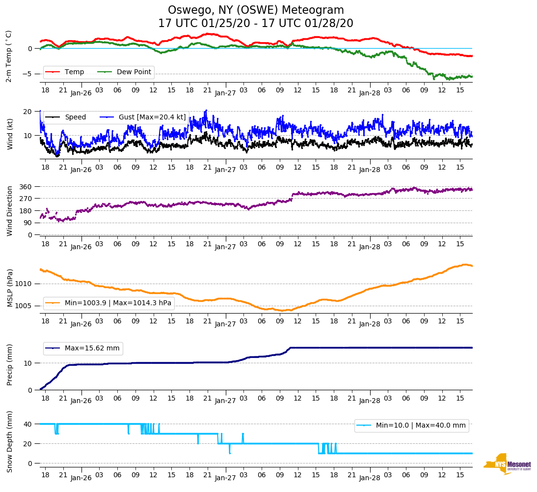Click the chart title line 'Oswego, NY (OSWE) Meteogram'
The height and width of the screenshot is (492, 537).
tap(256, 10)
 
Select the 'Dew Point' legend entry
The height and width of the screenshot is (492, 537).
tap(134, 72)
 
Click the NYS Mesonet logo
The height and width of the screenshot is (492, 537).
tap(507, 464)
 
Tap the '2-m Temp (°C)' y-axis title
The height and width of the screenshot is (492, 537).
tap(9, 56)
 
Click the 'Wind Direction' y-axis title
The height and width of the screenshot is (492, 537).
tap(10, 210)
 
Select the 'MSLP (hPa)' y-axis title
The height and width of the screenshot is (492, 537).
tap(10, 288)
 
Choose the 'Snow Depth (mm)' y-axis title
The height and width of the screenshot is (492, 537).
tap(10, 441)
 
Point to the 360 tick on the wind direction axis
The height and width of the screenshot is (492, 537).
tap(26, 187)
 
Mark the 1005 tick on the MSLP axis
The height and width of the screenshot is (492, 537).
tap(24, 306)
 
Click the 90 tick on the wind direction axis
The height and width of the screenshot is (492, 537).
tap(28, 223)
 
